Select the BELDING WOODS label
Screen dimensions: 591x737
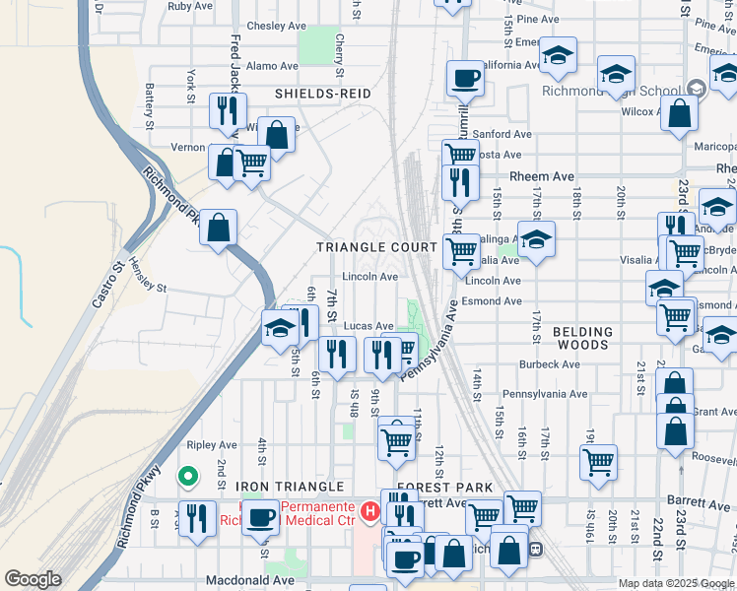point(582,339)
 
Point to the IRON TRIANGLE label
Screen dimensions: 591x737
point(289,488)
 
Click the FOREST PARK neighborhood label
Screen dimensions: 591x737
point(444,488)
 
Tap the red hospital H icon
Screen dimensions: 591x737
point(369,510)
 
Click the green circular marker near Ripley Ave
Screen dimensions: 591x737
point(187,478)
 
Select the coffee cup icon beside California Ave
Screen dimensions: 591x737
point(465,78)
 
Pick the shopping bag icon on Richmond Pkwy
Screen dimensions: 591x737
point(219,228)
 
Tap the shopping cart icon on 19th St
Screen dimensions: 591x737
point(599,461)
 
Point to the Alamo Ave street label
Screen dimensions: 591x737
point(272,66)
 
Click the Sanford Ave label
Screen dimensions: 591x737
point(502,134)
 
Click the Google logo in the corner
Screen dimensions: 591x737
point(33,579)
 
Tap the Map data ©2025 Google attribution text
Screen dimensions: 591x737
point(676,583)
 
